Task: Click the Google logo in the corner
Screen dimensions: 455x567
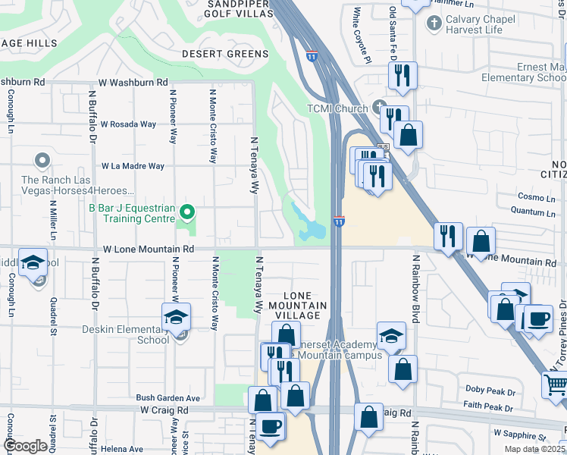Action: [x=25, y=446]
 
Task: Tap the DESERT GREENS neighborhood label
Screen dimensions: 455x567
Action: [x=225, y=54]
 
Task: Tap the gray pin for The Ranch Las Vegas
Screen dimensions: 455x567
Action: [x=42, y=161]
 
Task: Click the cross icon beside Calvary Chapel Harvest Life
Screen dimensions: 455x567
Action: [x=434, y=23]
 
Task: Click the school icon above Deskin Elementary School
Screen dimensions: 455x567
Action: [x=177, y=317]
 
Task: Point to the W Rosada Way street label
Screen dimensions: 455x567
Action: [x=128, y=124]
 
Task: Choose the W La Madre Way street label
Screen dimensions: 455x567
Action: [x=133, y=166]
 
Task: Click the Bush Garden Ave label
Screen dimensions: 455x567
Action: [x=168, y=397]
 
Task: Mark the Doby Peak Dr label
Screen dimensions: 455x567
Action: [x=490, y=391]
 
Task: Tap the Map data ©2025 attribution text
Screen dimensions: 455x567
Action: [x=535, y=449]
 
